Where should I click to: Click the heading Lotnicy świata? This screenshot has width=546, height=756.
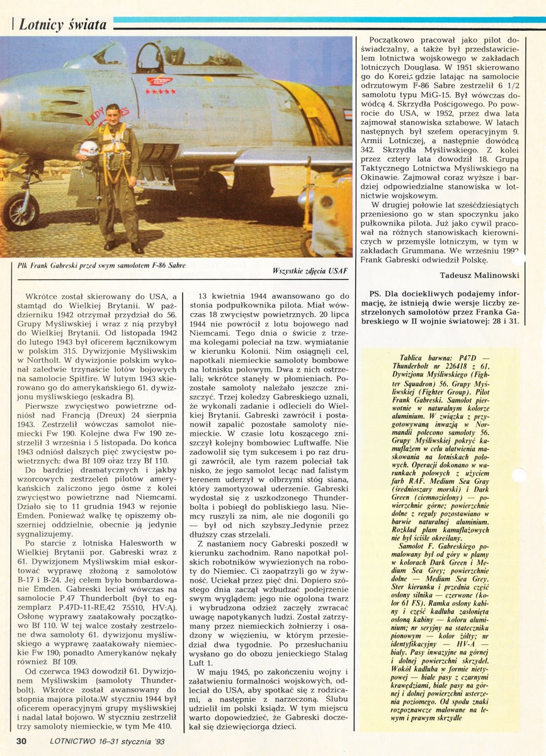(62, 25)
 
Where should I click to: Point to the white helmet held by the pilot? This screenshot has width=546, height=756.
(89, 149)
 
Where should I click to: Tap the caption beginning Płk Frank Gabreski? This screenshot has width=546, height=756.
(102, 265)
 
